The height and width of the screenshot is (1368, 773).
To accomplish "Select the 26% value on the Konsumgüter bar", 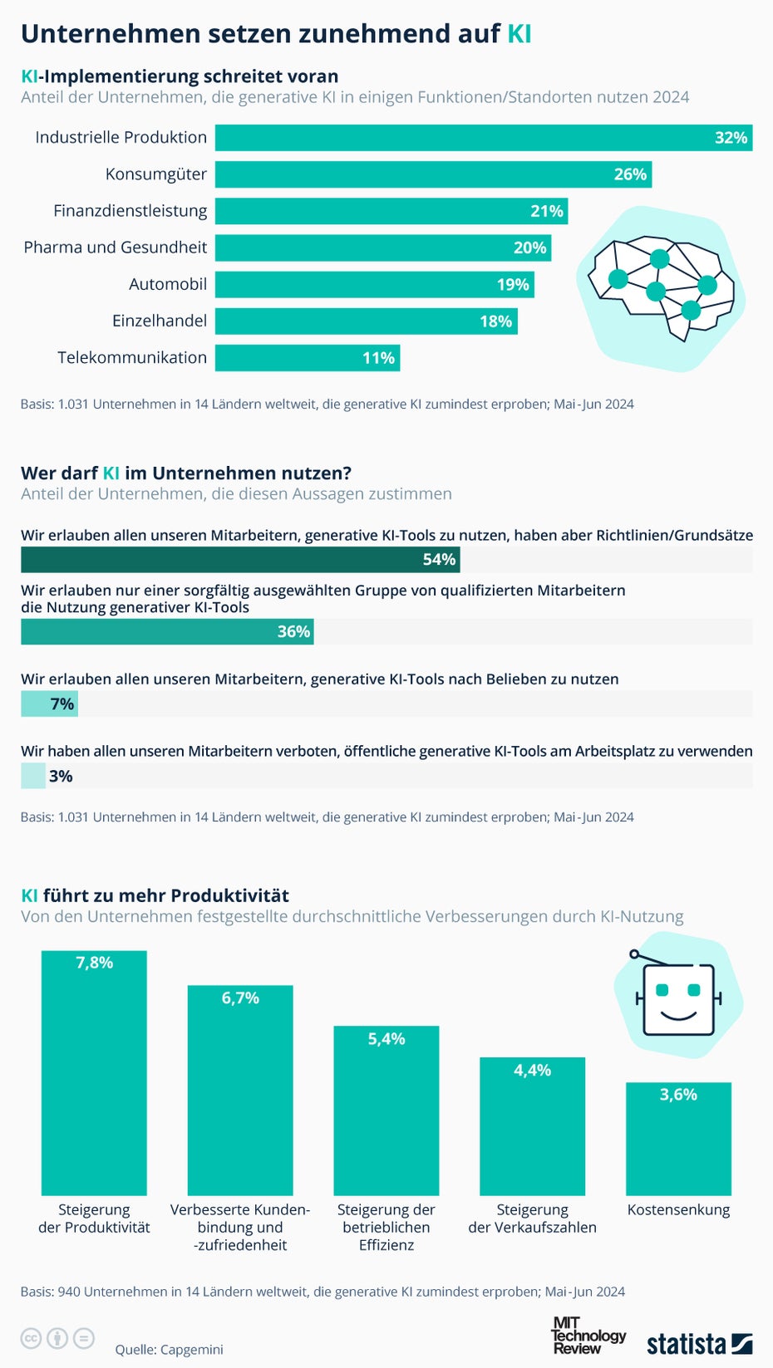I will coord(630,174).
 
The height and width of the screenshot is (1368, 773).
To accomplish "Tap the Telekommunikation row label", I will coord(132,358).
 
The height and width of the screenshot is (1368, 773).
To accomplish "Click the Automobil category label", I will coord(168,284).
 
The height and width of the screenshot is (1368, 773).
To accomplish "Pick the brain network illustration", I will coord(662,287).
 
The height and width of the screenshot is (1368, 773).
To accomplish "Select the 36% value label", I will coord(293,632).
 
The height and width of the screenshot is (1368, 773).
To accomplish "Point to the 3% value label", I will coord(61,777).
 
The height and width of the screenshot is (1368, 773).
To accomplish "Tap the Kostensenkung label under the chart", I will coord(678,1210).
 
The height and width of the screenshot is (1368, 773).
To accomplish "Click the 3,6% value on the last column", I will coord(678,1095).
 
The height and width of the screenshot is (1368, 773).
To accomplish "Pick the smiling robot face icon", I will coord(678,997).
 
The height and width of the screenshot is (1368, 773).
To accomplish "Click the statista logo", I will coord(699,1343).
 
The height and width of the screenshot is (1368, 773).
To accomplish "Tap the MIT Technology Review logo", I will coord(588,1336).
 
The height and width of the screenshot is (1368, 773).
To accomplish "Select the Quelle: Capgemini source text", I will coord(169,1350).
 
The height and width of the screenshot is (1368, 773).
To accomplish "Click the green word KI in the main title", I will coord(519,33).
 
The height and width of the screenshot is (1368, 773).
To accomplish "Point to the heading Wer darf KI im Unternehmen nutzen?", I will coord(186,473).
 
